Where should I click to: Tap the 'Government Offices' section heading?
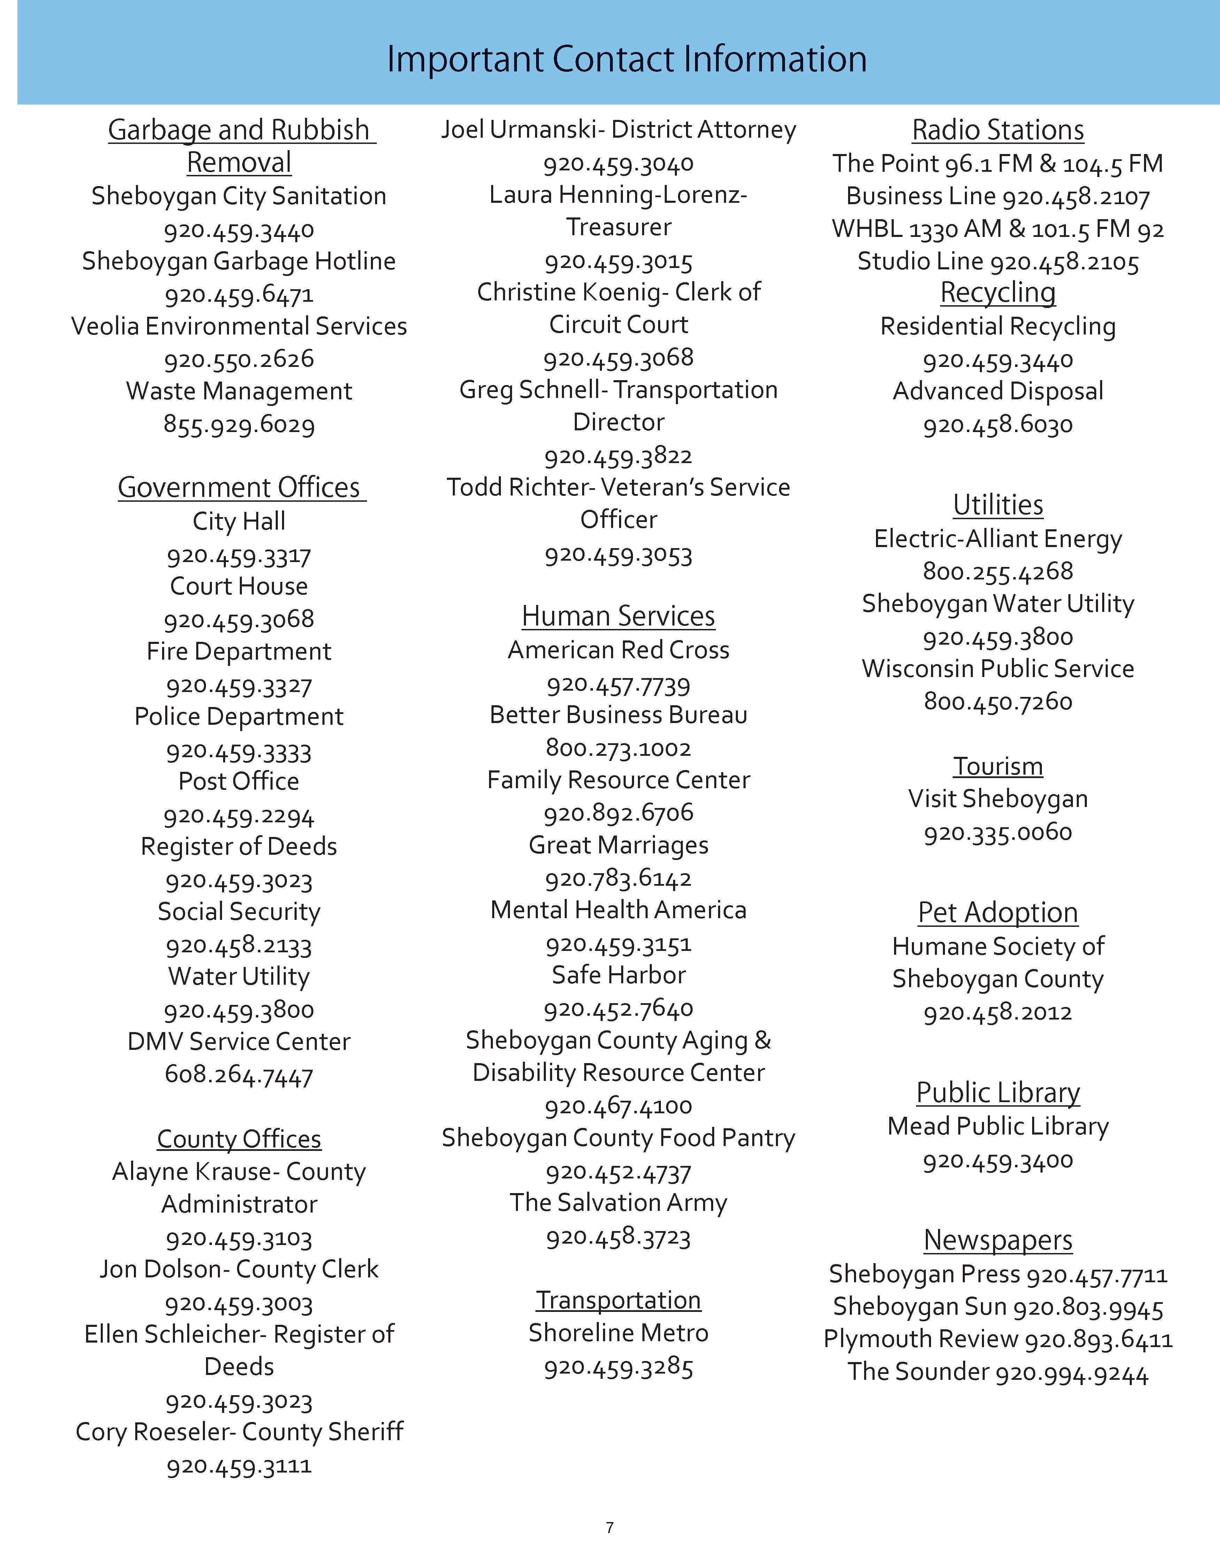click(x=239, y=487)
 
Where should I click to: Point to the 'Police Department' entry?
click(x=239, y=716)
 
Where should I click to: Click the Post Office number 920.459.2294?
click(x=239, y=816)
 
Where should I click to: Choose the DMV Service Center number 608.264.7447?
click(x=239, y=1076)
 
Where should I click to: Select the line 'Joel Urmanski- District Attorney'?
click(x=618, y=130)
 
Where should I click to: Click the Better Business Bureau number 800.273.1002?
click(x=618, y=748)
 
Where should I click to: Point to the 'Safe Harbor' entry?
click(x=618, y=975)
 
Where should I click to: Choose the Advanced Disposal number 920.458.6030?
click(x=997, y=425)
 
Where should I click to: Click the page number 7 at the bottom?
click(x=610, y=1528)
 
